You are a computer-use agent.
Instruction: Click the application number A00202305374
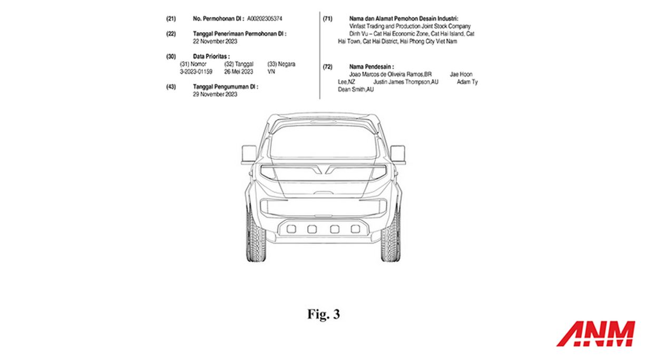tap(265, 19)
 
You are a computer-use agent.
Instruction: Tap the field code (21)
tap(171, 19)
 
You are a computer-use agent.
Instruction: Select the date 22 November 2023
tap(215, 42)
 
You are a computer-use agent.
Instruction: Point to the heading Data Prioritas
tap(211, 56)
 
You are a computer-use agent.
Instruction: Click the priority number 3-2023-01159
tap(196, 72)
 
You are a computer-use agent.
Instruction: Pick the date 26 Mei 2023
tap(239, 72)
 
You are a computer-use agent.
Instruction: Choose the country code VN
tap(271, 72)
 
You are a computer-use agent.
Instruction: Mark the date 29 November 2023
tap(215, 94)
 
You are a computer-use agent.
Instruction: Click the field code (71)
tap(327, 19)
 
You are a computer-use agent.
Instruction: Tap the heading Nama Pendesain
tap(372, 67)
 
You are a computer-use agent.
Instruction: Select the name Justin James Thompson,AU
tap(406, 82)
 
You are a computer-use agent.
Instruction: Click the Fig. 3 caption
tap(324, 314)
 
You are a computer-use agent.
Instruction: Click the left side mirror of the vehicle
tap(249, 154)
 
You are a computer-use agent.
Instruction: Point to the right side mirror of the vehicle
tap(398, 154)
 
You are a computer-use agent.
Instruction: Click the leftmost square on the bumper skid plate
tap(291, 229)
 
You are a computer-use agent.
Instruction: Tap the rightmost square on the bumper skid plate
tap(355, 229)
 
